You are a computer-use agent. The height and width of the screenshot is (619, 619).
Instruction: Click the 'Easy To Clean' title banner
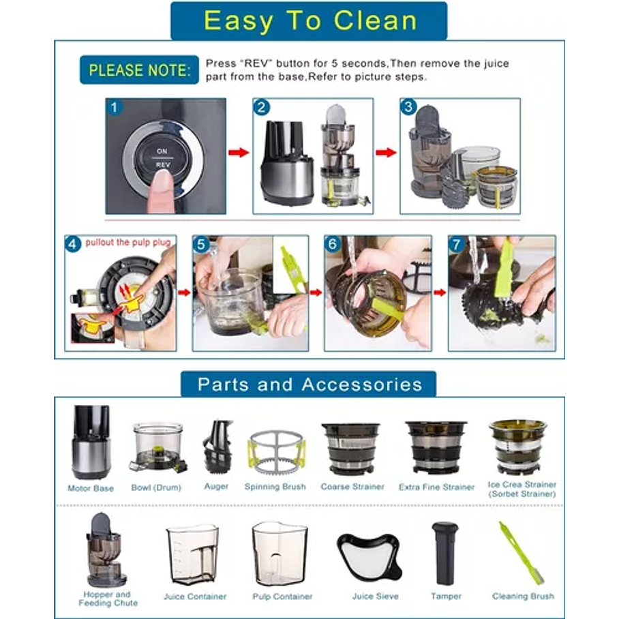tap(309, 20)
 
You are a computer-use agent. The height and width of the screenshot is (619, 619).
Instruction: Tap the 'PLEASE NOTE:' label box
tap(139, 70)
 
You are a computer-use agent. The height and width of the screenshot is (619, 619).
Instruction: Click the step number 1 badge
tap(114, 108)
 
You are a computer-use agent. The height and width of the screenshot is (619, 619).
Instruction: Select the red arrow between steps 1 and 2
tap(239, 153)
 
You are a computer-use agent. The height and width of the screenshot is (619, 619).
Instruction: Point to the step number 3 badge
tap(408, 107)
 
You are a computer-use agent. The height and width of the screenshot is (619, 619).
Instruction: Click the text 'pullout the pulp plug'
tap(128, 243)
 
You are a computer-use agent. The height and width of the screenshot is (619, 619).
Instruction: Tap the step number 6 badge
tap(333, 244)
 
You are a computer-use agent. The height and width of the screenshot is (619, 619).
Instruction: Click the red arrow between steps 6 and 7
tap(440, 292)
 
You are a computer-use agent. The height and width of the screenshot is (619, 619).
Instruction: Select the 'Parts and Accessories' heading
tap(309, 384)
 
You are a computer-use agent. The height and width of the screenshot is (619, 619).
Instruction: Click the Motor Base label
tap(91, 488)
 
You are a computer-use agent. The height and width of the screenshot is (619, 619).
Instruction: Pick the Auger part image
tap(217, 447)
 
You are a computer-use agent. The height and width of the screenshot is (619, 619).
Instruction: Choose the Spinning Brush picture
tap(276, 453)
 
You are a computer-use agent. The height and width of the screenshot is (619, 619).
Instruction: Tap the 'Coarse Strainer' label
tap(352, 487)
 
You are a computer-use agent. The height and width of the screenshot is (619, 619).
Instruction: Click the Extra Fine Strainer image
tap(436, 447)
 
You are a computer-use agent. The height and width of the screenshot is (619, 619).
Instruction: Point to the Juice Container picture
tap(193, 556)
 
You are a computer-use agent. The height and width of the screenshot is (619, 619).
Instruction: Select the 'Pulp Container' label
tap(283, 597)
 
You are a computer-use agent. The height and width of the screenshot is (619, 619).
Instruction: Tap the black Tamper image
tap(445, 553)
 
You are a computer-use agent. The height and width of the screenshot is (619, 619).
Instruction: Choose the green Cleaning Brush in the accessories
tap(521, 553)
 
